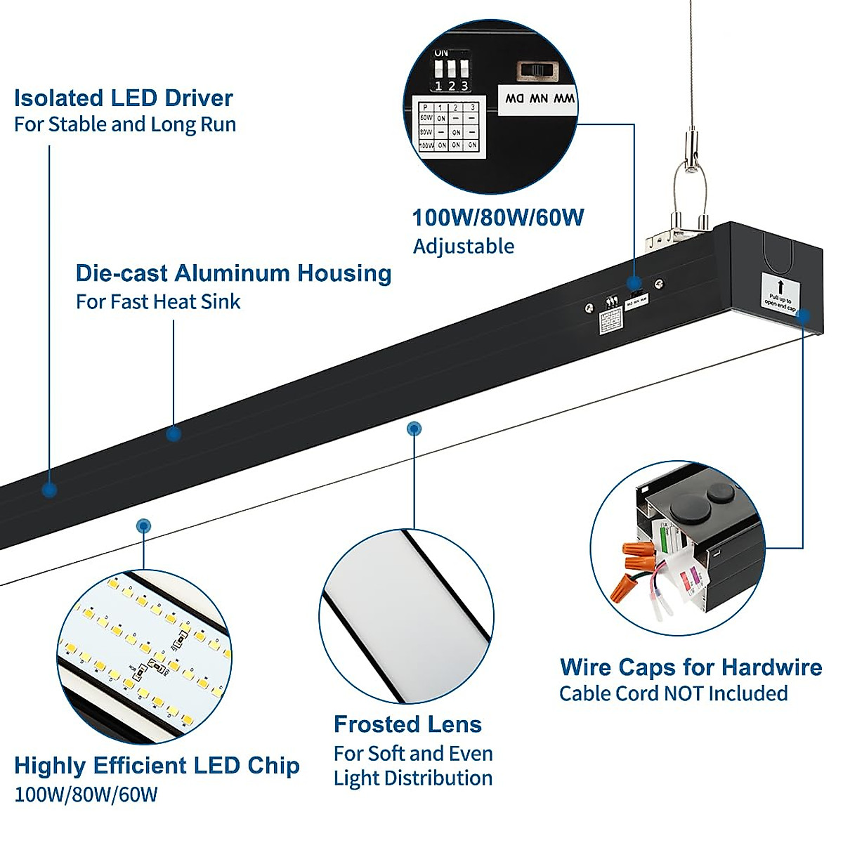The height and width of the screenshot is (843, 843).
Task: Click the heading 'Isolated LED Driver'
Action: [124, 98]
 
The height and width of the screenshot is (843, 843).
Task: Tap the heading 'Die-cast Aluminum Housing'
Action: [233, 273]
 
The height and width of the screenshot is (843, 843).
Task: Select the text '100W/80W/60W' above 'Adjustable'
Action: [497, 218]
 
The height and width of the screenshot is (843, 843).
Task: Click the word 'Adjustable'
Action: [463, 247]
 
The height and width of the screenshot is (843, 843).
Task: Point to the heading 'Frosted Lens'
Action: [407, 724]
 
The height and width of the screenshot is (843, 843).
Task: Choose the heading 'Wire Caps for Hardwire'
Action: [691, 667]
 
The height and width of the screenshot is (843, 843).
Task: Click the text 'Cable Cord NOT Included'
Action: [673, 694]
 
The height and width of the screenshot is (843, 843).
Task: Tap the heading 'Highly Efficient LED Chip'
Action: [157, 766]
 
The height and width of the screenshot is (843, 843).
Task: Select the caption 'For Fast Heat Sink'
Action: [158, 302]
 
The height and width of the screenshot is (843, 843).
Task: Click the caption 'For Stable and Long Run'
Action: [125, 125]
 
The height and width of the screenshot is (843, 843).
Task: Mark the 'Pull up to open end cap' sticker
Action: [780, 293]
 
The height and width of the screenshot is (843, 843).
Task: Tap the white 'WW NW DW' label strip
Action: [539, 99]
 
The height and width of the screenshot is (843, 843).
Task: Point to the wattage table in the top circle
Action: [448, 126]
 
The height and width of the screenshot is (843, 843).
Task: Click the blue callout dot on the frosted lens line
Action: [414, 428]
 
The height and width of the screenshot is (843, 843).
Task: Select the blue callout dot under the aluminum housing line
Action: [174, 433]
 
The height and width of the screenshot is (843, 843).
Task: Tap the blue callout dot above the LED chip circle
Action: [143, 525]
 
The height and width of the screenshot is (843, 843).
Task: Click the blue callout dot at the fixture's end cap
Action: [804, 315]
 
